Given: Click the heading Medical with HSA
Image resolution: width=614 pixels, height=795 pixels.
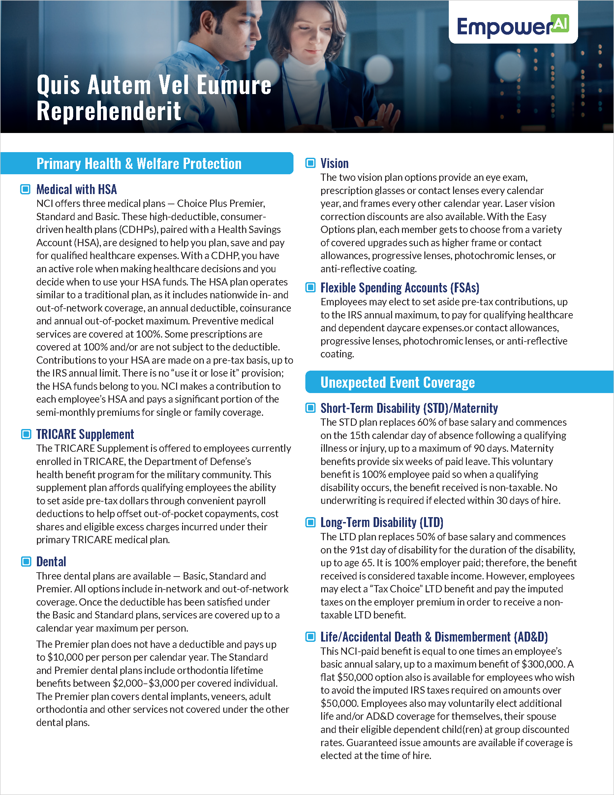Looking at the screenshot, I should coord(77,189).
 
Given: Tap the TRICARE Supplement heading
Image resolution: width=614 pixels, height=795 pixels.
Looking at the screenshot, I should coord(85,434).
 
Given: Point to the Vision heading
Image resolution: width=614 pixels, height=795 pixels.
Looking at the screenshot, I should coord(334,163).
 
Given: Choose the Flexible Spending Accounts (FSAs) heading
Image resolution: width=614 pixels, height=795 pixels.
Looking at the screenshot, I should coord(400,287).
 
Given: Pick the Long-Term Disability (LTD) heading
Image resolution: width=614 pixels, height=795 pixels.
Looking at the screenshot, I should coord(382,522).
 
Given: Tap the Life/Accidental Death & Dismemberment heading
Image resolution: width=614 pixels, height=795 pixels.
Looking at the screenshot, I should coord(434,637).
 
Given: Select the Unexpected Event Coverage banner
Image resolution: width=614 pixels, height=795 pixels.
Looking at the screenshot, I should coord(397,382).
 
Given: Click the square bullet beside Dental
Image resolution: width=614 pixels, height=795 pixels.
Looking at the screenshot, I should coord(26,562).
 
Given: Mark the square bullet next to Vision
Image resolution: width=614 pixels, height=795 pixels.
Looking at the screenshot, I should coord(310,163).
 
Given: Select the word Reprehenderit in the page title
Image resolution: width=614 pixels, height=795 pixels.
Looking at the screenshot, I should coord(108,111).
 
